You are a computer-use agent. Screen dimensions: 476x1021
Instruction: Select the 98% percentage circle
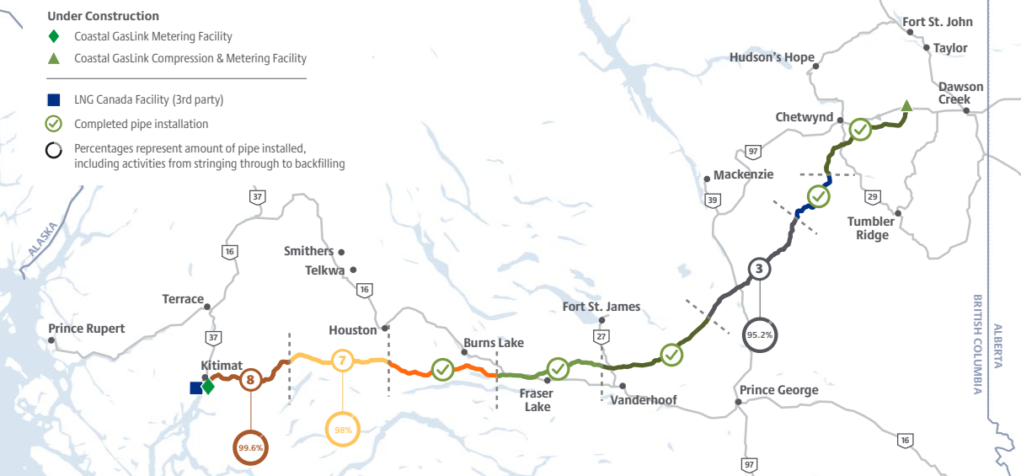click(343, 430)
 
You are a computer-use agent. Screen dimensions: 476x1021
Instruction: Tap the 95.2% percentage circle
click(760, 334)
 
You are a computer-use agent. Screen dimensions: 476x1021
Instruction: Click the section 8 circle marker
click(250, 380)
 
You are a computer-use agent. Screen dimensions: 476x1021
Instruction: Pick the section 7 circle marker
click(342, 361)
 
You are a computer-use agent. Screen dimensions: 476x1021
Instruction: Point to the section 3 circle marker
click(759, 270)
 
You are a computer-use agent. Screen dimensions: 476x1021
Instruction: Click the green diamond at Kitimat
click(207, 386)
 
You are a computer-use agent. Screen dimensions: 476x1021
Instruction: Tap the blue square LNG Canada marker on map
click(195, 388)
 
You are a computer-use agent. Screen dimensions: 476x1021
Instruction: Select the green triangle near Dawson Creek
click(906, 106)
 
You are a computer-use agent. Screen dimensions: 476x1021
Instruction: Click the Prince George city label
click(778, 390)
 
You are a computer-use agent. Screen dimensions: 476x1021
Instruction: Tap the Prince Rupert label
click(86, 329)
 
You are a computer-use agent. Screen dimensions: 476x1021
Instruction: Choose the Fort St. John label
click(937, 22)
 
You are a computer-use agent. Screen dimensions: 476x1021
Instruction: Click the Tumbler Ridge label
click(872, 228)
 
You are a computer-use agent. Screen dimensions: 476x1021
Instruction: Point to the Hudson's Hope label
click(772, 57)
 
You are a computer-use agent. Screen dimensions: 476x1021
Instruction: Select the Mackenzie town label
click(743, 175)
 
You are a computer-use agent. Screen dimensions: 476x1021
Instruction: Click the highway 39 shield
click(714, 201)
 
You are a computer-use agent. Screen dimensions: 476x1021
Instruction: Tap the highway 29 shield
click(872, 196)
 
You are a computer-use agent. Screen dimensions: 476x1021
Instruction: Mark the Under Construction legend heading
click(103, 16)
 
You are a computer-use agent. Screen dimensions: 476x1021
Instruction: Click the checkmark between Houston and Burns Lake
click(443, 369)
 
